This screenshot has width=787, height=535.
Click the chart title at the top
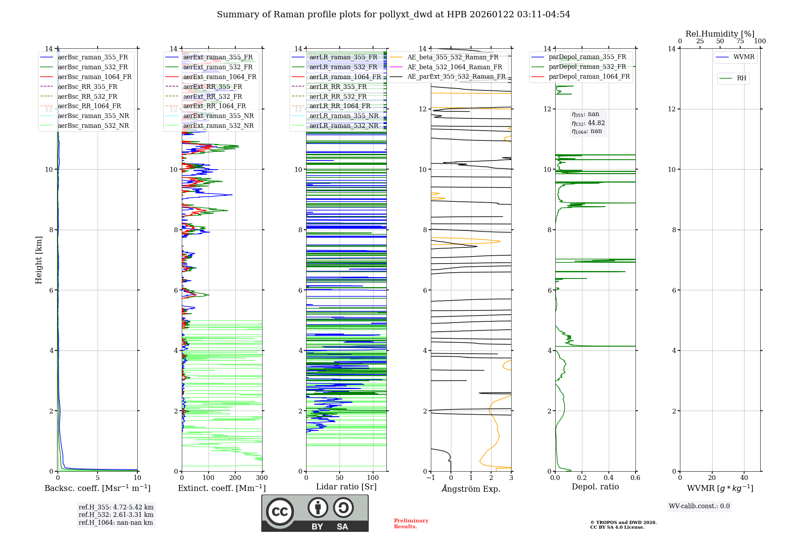tap(393, 15)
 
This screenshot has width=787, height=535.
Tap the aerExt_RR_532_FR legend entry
tap(212, 96)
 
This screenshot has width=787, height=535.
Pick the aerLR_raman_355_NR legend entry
tap(344, 116)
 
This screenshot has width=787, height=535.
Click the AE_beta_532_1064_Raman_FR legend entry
tap(454, 67)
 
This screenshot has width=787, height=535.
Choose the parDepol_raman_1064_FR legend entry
tap(589, 76)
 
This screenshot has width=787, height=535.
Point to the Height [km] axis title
tap(39, 260)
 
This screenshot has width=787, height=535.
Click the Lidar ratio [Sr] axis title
tap(346, 487)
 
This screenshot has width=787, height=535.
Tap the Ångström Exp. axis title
tap(471, 489)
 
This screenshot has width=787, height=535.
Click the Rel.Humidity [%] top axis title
tap(720, 34)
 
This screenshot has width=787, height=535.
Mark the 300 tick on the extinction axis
tap(262, 478)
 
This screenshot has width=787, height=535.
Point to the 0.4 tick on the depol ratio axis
tap(609, 478)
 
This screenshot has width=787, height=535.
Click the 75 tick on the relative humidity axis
tap(740, 41)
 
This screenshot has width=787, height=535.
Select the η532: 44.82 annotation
tap(588, 123)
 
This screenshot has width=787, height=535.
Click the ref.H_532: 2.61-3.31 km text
tap(116, 515)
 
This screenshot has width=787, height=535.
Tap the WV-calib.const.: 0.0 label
tap(699, 506)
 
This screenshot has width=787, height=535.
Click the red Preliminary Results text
tap(411, 524)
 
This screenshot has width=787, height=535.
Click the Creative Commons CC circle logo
tap(280, 512)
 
